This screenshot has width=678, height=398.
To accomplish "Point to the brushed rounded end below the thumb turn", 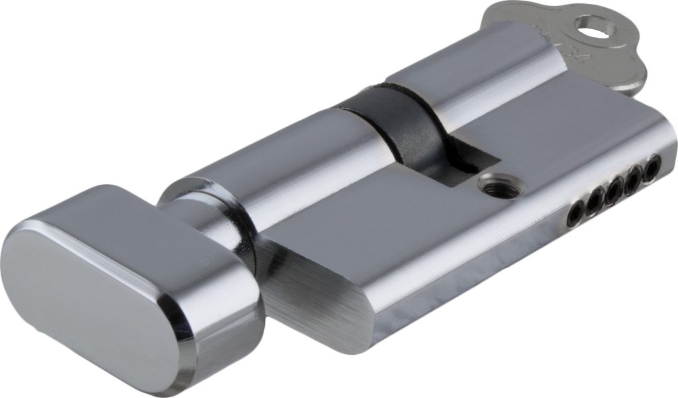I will pos(318,291).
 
